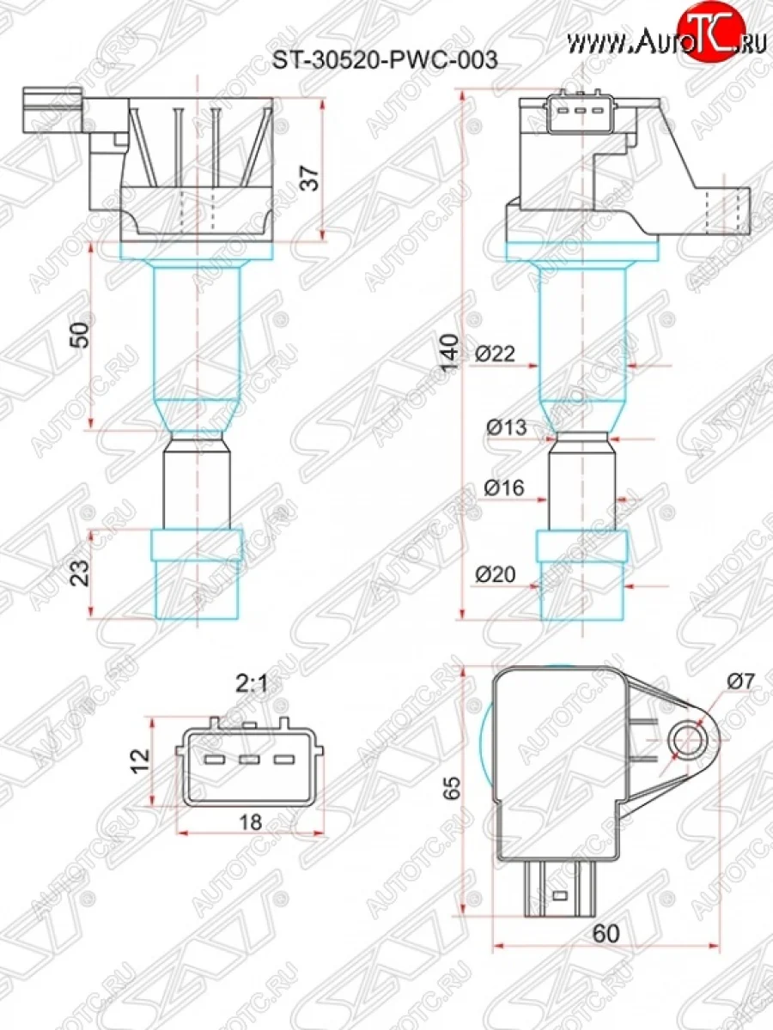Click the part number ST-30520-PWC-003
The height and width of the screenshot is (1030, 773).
[x=385, y=61]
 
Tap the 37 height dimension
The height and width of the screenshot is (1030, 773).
[x=312, y=177]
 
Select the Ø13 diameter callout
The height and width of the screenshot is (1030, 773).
[x=505, y=427]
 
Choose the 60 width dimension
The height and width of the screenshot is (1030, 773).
[x=605, y=932]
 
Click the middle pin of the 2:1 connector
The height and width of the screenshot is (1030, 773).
[x=249, y=760]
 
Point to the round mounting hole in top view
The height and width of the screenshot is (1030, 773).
[x=689, y=739]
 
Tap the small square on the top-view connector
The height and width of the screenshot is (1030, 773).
[x=560, y=897]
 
